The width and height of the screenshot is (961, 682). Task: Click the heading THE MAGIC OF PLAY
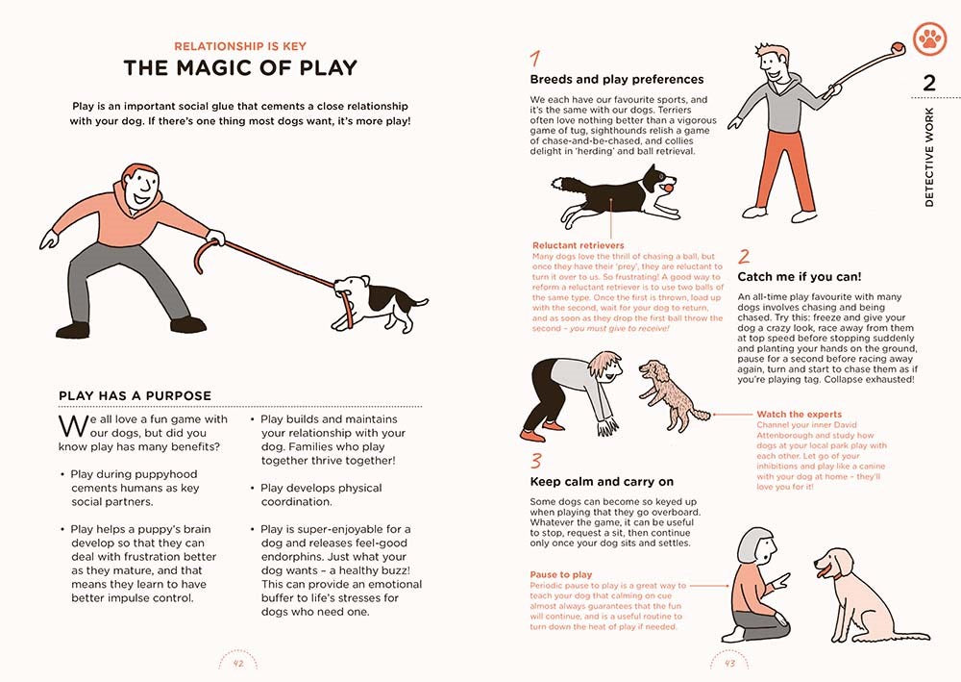tap(240, 67)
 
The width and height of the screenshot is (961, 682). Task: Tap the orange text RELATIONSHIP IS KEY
tap(240, 45)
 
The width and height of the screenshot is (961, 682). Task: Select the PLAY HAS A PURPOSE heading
tap(135, 395)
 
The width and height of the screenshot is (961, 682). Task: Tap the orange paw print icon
tap(929, 38)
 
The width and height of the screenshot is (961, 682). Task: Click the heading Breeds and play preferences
tap(617, 79)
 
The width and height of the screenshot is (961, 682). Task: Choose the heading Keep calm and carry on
tap(602, 481)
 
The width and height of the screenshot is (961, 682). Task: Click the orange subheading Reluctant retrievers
tap(578, 245)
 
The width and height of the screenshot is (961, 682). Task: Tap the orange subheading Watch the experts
tap(800, 415)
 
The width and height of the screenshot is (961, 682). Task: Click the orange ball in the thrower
tap(899, 44)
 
